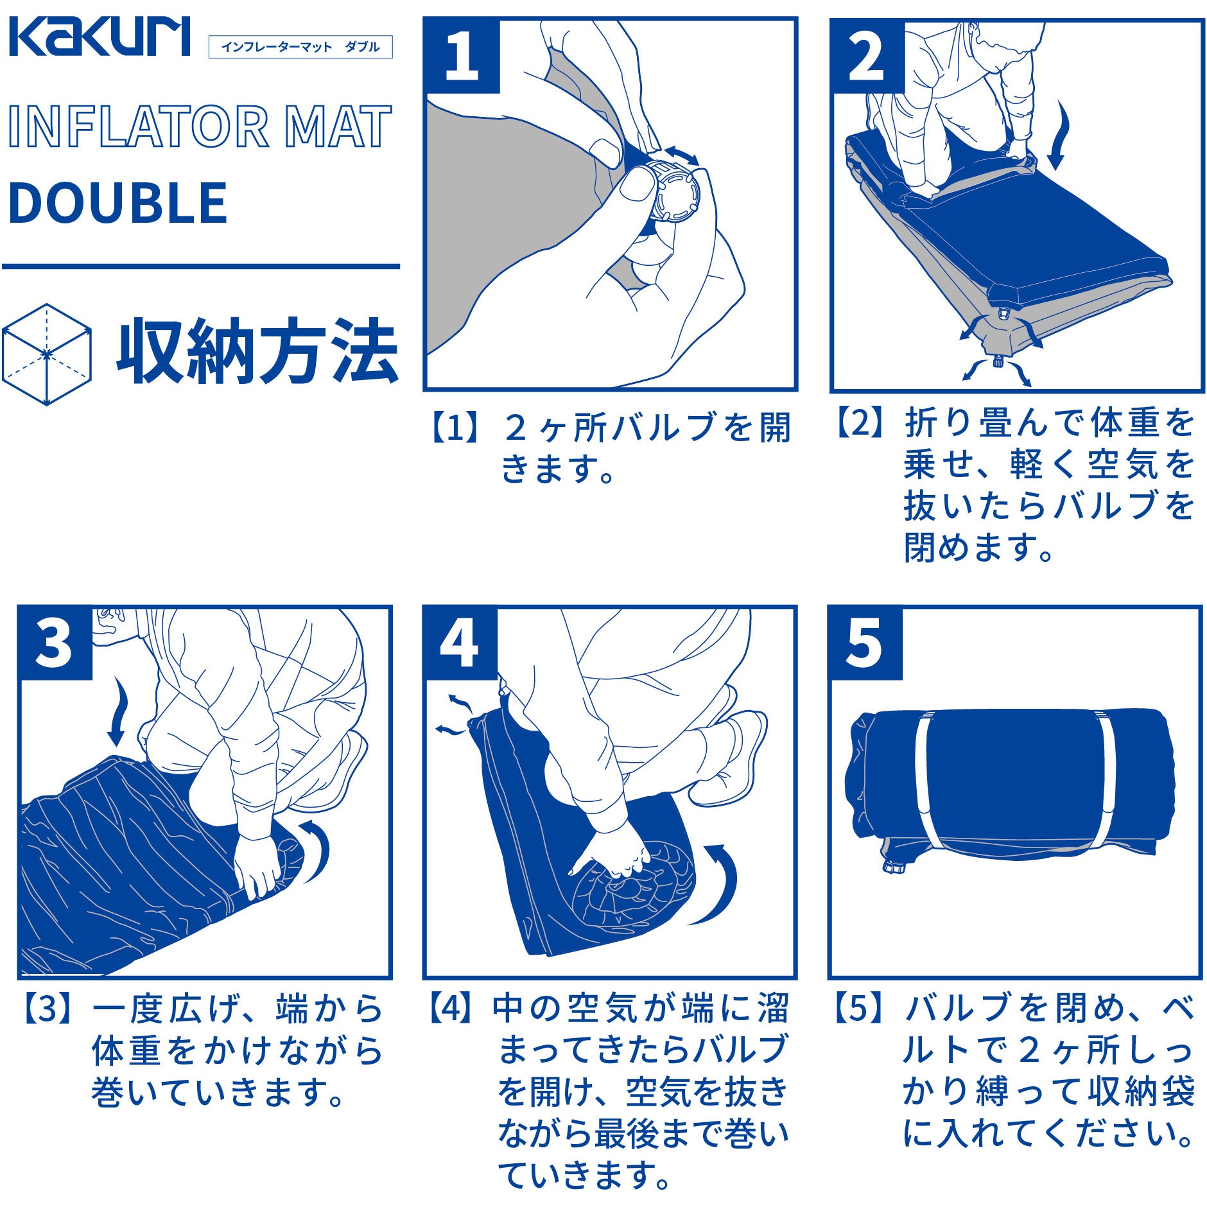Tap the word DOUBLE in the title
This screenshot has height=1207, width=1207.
pos(118,203)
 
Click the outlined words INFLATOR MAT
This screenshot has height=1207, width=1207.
pos(200,126)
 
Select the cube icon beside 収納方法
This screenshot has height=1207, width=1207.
pos(46,354)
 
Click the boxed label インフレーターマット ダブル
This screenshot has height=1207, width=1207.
pos(300,47)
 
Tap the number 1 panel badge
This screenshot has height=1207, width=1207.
pos(462,56)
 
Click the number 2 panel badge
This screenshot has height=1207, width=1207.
pos(867,56)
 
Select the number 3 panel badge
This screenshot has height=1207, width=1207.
pos(55,643)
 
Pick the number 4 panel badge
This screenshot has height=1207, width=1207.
pos(460,643)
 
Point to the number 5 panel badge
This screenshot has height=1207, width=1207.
pos(865,643)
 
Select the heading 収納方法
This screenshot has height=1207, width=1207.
pos(257,352)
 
